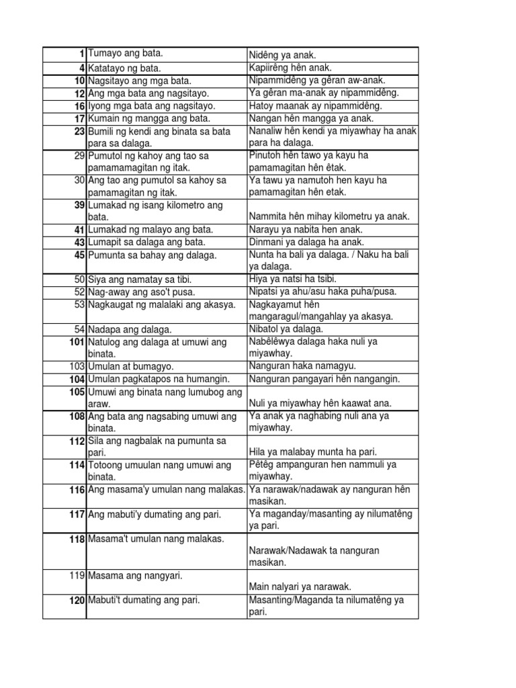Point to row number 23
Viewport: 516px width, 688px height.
79,132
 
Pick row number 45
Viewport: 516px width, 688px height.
79,255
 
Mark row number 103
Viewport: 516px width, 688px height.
76,367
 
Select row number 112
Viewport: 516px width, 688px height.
76,441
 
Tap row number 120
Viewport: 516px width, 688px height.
76,601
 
